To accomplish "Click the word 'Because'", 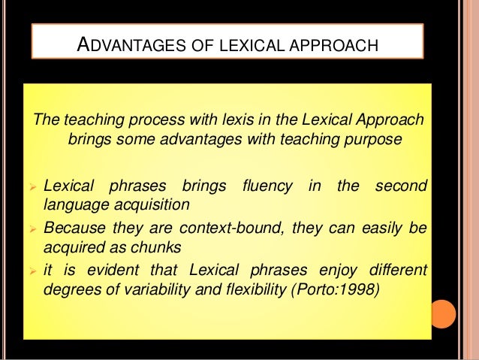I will click(74, 226).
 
